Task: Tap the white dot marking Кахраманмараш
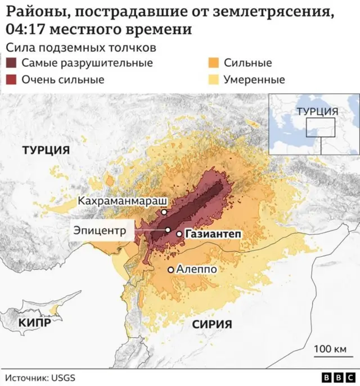click(x=164, y=212)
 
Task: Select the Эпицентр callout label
click(x=100, y=229)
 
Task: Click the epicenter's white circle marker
click(x=168, y=230)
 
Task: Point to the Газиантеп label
click(x=209, y=234)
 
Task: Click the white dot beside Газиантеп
click(x=179, y=234)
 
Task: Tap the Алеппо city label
click(x=196, y=270)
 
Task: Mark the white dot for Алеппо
click(x=171, y=270)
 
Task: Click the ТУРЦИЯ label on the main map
click(x=46, y=150)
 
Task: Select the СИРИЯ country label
click(x=211, y=324)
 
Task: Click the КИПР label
click(x=35, y=323)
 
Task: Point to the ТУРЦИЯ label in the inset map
click(x=317, y=111)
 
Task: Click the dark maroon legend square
click(x=11, y=63)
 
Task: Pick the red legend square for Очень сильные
click(x=11, y=80)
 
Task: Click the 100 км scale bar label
click(x=330, y=349)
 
